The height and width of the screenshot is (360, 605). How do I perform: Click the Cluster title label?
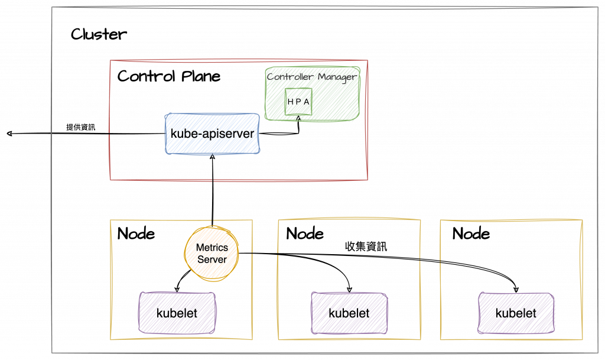pyautogui.click(x=98, y=34)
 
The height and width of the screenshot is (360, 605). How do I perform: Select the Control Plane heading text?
pyautogui.click(x=168, y=76)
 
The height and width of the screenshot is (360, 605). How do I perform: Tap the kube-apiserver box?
pyautogui.click(x=213, y=134)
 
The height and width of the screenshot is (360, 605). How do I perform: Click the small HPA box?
pyautogui.click(x=298, y=102)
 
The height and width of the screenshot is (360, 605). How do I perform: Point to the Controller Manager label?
pyautogui.click(x=311, y=77)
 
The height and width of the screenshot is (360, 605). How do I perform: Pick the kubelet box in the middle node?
pyautogui.click(x=349, y=313)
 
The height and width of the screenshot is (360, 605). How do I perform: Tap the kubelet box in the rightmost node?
pyautogui.click(x=516, y=313)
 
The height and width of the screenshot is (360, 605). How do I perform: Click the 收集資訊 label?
pyautogui.click(x=366, y=247)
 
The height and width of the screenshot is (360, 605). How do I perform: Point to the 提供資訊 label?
pyautogui.click(x=80, y=127)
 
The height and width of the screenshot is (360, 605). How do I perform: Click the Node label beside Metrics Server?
pyautogui.click(x=136, y=233)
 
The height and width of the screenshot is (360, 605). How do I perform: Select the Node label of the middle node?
pyautogui.click(x=304, y=233)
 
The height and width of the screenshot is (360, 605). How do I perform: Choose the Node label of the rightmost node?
pyautogui.click(x=471, y=233)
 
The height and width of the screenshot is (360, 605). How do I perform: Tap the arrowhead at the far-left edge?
pyautogui.click(x=9, y=134)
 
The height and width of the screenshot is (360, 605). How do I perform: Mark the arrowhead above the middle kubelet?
pyautogui.click(x=350, y=289)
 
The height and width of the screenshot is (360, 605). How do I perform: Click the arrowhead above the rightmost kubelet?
pyautogui.click(x=518, y=289)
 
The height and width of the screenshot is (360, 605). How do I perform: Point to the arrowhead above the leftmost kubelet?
pyautogui.click(x=177, y=289)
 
